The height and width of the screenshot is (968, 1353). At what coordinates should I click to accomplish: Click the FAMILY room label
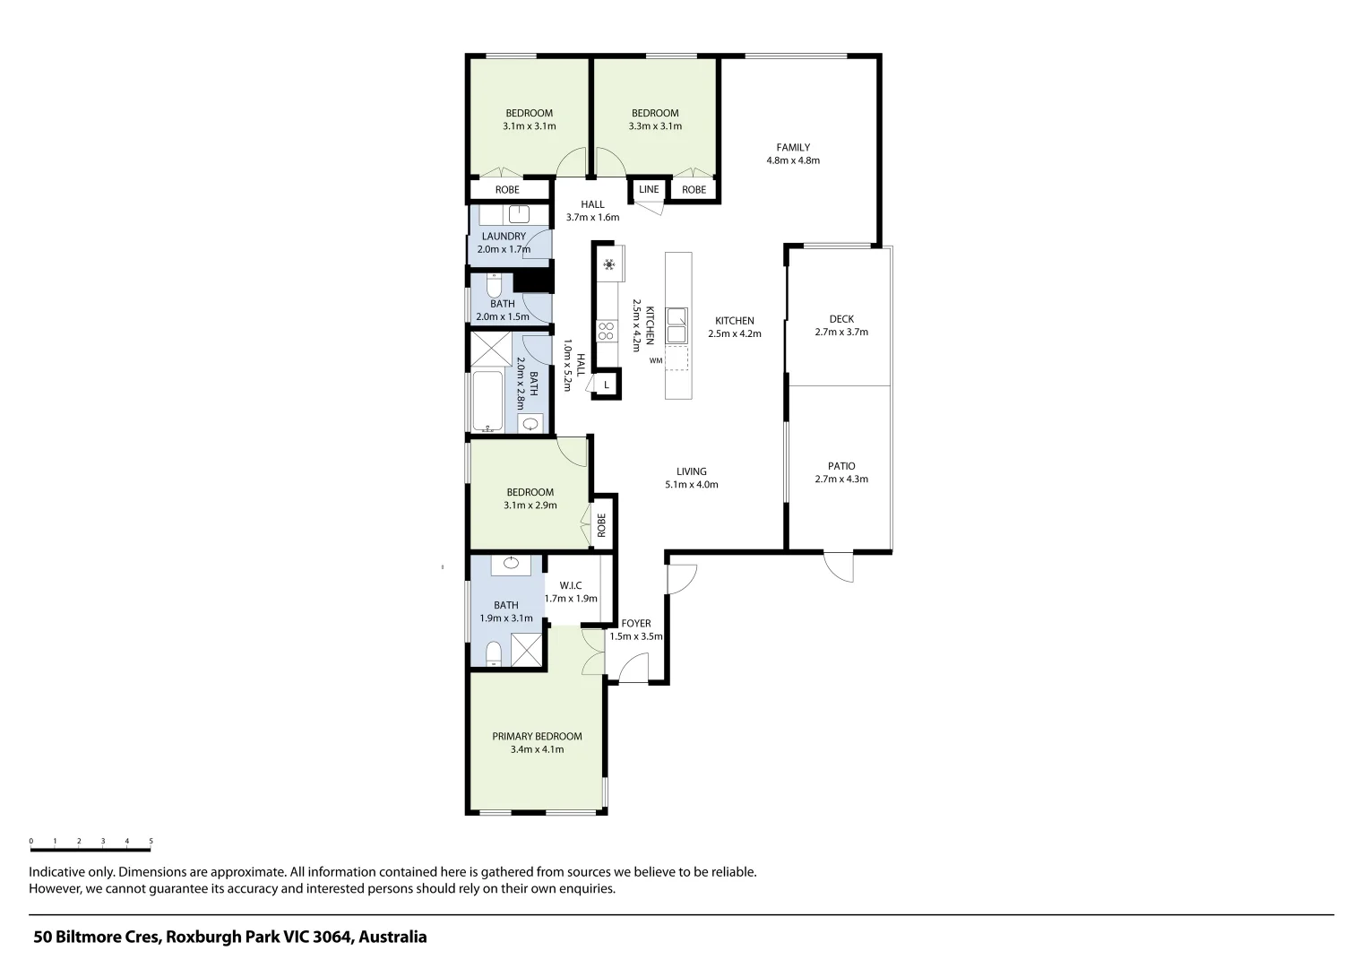(x=793, y=148)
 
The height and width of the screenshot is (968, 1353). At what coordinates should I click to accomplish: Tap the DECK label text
(x=841, y=319)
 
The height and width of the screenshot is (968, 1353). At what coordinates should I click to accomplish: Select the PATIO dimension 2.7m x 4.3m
(x=841, y=480)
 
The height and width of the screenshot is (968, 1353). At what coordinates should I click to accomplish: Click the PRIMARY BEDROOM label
(x=537, y=737)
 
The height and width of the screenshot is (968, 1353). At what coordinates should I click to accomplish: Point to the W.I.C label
(x=571, y=585)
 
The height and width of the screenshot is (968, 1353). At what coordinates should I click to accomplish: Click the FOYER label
(x=636, y=624)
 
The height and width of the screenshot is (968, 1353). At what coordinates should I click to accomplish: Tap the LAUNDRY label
(x=503, y=237)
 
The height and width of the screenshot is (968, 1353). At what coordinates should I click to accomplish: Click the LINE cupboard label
(x=649, y=189)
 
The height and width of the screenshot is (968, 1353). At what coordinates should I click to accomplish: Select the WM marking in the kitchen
(x=656, y=361)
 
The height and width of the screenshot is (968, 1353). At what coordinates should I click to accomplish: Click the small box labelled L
(x=607, y=385)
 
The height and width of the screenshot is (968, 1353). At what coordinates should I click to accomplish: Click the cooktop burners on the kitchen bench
(x=606, y=331)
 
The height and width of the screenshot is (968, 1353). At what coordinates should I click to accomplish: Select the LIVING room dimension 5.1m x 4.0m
(x=691, y=485)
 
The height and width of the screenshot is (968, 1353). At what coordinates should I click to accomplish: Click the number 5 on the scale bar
(x=151, y=842)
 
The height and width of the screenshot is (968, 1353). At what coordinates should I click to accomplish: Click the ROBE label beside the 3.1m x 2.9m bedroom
(x=601, y=524)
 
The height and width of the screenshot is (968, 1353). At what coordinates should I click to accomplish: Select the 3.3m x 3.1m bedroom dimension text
(x=655, y=126)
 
